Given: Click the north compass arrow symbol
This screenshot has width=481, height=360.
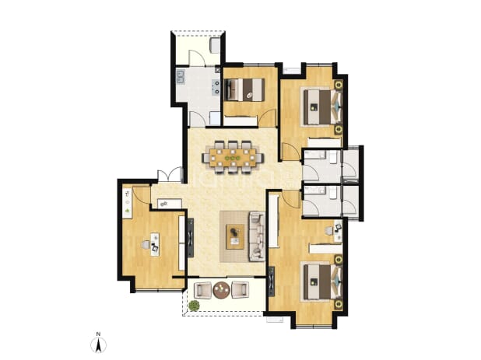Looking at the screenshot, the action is point(99,345).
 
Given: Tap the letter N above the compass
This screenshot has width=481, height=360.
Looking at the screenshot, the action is point(99,334).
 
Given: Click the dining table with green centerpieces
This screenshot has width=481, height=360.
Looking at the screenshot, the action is point(233,158).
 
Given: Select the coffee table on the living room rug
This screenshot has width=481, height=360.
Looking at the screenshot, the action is point(235,236).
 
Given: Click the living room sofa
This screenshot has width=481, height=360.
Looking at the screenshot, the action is point(257,236).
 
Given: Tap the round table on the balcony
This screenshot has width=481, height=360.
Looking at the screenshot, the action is point(222,290).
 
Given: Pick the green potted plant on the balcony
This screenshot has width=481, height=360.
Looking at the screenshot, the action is point(194,306).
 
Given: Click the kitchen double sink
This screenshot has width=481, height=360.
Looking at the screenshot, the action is point(180,77).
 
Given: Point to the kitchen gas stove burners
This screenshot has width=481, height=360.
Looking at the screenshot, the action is point(216,86).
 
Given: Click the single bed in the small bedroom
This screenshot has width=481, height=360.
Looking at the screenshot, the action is point(244,89).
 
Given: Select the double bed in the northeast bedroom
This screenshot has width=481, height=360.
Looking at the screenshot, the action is point(323,107).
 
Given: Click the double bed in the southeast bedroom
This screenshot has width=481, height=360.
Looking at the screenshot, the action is point(323,282).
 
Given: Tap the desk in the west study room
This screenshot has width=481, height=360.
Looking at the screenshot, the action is point(155,244).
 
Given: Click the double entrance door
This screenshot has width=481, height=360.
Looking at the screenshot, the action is point(170,176).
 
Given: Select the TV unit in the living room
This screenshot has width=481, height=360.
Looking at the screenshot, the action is point(191,238).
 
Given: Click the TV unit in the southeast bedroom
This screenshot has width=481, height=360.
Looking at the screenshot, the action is point(272,281).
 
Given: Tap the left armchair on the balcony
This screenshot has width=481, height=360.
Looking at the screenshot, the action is point(203,290).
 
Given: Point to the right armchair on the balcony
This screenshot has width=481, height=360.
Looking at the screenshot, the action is point(240,290).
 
